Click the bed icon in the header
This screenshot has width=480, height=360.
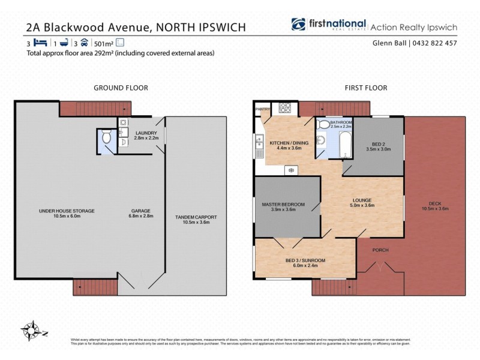[40, 43]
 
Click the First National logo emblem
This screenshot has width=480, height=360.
[299, 25]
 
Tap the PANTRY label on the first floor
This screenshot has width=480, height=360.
[263, 109]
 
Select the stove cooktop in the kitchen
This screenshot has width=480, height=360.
[283, 109]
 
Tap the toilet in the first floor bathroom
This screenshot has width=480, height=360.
[323, 125]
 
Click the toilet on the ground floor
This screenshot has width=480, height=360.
[106, 137]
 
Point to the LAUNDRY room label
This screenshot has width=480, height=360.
[146, 133]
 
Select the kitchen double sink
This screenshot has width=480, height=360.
[260, 144]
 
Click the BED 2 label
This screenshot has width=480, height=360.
[377, 144]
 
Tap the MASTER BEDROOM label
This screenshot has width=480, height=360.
[283, 205]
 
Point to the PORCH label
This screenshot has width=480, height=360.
[380, 250]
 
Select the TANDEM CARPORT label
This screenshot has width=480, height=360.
[196, 217]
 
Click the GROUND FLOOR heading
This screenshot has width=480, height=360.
[121, 88]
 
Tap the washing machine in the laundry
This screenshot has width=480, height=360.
[123, 123]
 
